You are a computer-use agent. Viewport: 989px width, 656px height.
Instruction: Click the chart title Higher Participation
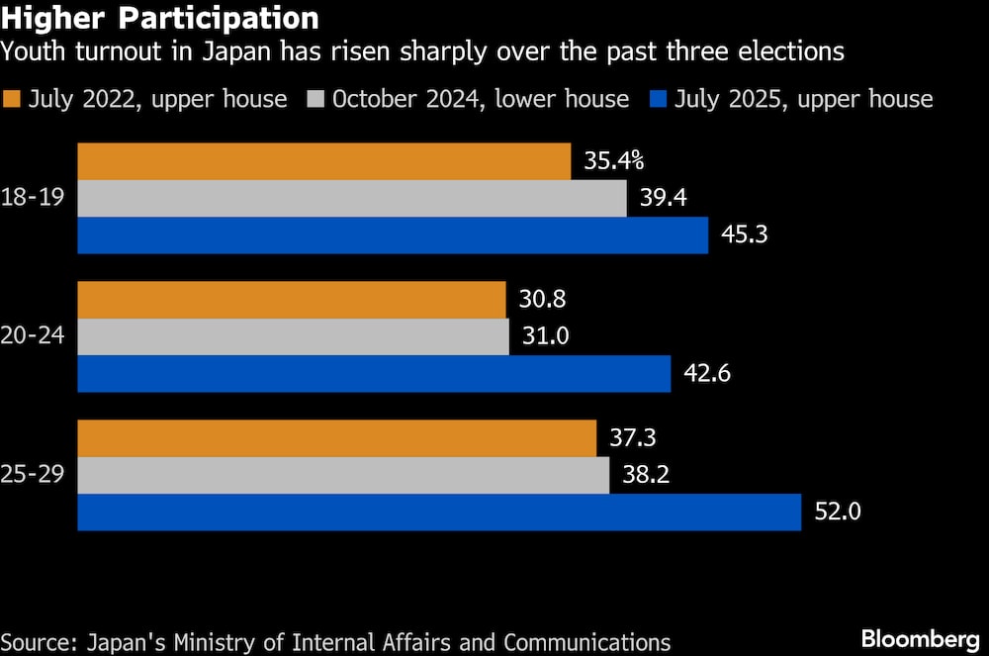[160, 18]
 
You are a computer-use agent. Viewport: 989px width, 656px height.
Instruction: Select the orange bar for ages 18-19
[324, 161]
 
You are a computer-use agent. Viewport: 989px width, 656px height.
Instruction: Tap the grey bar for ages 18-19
[352, 198]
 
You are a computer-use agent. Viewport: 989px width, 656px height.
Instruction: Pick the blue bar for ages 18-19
[393, 235]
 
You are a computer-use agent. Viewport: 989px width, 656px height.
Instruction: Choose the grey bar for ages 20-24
[294, 336]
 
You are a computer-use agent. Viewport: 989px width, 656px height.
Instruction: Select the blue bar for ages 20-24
[374, 374]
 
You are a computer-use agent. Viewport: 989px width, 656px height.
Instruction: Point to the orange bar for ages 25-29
[337, 438]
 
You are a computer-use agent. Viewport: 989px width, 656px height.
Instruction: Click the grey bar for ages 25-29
[343, 475]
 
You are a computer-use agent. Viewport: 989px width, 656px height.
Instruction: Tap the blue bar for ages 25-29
[439, 513]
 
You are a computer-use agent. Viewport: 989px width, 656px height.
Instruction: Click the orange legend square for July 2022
[13, 99]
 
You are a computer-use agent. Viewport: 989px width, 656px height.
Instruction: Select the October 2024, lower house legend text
[481, 99]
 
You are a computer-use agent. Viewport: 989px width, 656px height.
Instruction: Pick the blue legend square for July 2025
[658, 99]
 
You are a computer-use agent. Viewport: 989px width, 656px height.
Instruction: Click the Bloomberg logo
[919, 639]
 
